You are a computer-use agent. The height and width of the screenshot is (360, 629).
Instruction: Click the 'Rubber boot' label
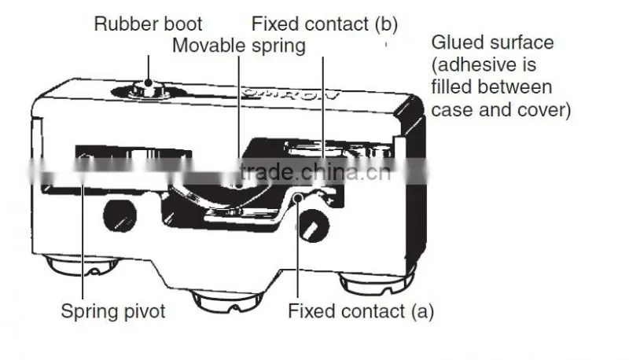(x=148, y=24)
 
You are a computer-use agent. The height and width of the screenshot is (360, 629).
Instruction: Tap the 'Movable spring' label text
(x=239, y=46)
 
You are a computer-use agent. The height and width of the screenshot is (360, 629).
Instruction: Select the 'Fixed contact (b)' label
(x=325, y=24)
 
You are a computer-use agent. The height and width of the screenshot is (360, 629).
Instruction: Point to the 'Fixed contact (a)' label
(x=361, y=311)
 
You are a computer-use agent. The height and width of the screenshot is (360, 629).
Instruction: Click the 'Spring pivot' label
(x=113, y=311)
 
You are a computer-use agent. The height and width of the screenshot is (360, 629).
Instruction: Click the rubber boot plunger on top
(x=148, y=89)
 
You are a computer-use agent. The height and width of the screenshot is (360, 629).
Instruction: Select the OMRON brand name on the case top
(x=292, y=94)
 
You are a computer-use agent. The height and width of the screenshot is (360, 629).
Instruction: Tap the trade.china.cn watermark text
(x=315, y=172)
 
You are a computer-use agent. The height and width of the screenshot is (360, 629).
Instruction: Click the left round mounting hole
(x=120, y=215)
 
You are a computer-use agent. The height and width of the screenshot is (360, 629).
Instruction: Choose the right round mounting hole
(x=314, y=226)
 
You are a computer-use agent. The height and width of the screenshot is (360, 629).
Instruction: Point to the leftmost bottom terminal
(x=83, y=266)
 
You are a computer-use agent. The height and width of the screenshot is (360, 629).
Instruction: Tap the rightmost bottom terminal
(x=377, y=282)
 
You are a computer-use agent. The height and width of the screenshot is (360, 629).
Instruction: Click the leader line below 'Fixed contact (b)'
(x=323, y=108)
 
